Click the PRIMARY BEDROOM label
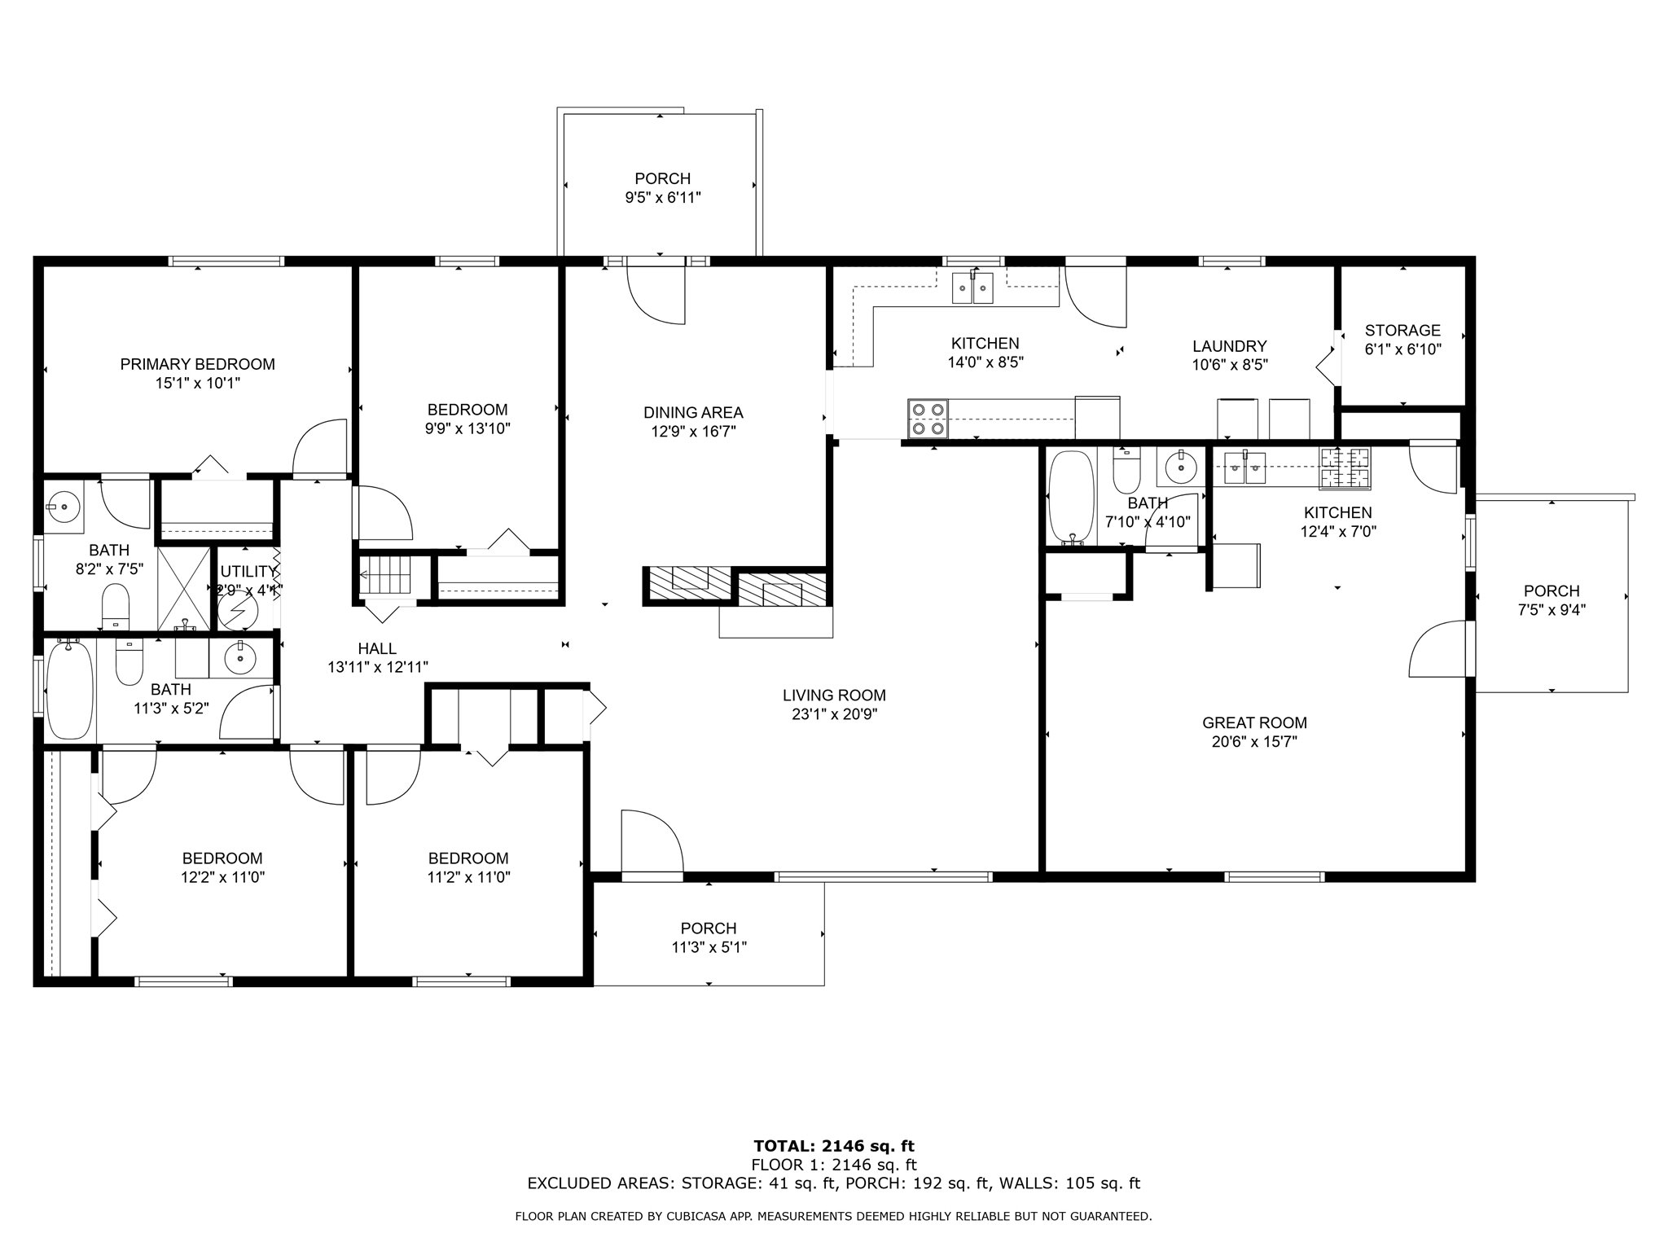(197, 364)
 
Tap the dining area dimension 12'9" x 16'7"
(693, 432)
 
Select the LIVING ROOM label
(834, 696)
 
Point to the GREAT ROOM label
(1254, 722)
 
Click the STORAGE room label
(1402, 331)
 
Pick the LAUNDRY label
(1230, 346)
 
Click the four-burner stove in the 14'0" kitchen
(928, 419)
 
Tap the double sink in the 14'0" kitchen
(973, 288)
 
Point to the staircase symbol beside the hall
(387, 575)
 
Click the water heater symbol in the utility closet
(238, 609)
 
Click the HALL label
(377, 648)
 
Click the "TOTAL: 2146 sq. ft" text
(834, 1147)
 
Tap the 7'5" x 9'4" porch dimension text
(1552, 610)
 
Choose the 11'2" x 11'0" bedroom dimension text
(468, 877)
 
